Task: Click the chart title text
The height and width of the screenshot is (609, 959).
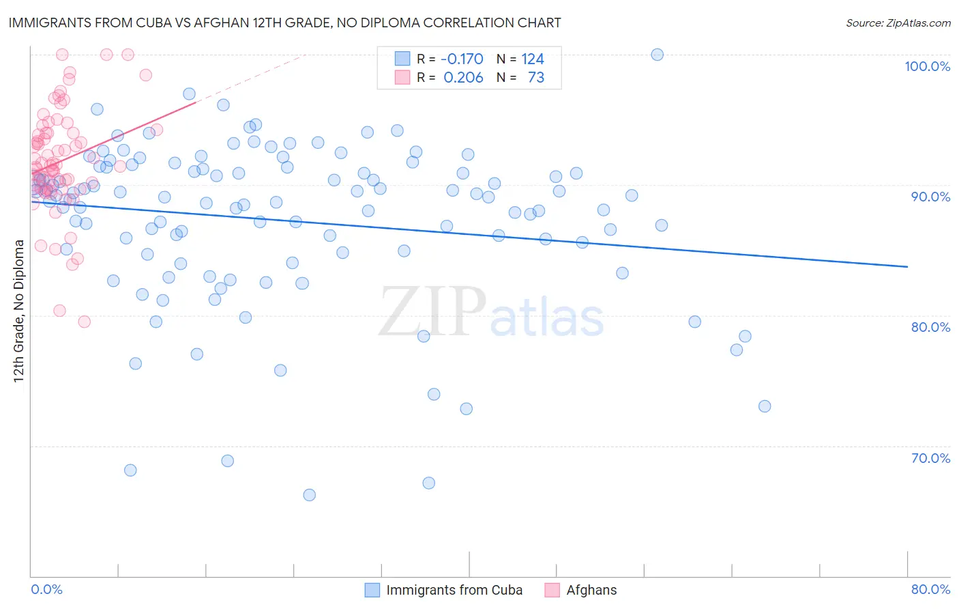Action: pos(284,23)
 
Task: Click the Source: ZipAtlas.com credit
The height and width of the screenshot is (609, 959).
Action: pos(898,23)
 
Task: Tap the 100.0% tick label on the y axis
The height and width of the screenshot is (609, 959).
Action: pos(927,66)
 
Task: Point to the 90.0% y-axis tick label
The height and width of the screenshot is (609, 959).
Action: pos(930,197)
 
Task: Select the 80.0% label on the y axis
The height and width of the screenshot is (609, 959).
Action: pos(930,327)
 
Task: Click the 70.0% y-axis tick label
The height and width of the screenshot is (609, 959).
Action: pos(930,458)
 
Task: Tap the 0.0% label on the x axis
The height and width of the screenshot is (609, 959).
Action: pos(46,589)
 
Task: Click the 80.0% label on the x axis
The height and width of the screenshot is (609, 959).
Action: pos(930,589)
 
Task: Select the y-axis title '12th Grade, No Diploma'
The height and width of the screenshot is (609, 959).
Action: pos(19,311)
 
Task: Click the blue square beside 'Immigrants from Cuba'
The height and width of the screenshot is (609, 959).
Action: pos(372,590)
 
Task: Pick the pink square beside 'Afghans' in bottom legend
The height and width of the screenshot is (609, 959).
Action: pos(552,590)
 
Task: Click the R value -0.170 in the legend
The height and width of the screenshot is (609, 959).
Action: pos(462,59)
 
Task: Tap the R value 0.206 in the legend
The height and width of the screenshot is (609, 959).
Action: pos(463,78)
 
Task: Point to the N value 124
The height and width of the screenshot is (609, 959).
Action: pos(533,59)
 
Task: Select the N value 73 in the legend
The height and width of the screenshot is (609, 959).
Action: pos(536,78)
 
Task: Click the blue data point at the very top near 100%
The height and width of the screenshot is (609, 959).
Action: pos(658,55)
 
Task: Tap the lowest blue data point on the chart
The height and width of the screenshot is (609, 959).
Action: pos(309,495)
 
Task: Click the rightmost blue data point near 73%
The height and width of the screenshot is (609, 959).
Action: pos(765,406)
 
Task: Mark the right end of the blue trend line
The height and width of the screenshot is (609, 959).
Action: pos(907,267)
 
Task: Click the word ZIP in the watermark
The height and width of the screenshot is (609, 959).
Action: pos(432,311)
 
